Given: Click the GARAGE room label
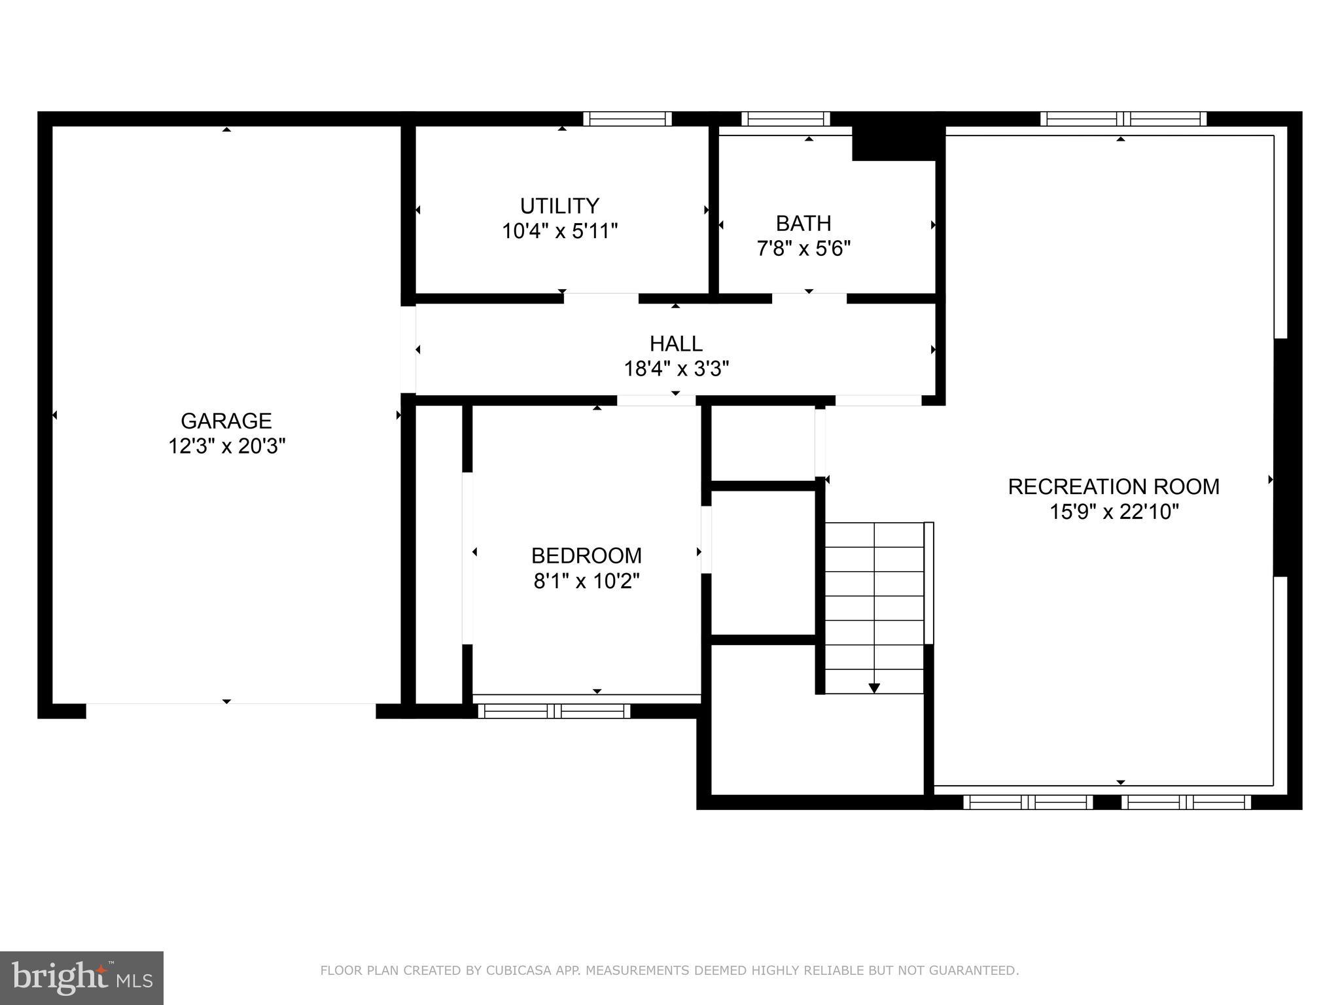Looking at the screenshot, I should click(226, 420).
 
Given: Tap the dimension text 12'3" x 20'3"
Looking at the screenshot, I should click(227, 446).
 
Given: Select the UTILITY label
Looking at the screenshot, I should click(559, 206).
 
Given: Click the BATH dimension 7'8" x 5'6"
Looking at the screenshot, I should click(803, 249).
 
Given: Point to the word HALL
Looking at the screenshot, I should click(676, 344).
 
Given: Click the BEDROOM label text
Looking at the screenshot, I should click(586, 555).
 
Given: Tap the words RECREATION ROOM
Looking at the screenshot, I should click(1114, 487).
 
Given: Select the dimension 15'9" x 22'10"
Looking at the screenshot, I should click(1114, 512).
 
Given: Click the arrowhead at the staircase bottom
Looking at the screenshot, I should click(874, 688).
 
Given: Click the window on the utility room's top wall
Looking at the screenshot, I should click(627, 118).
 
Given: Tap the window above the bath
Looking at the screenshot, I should click(785, 118).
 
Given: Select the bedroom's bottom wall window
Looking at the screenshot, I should click(554, 711).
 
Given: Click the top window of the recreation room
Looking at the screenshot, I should click(1123, 118).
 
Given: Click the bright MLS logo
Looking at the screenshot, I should click(82, 978).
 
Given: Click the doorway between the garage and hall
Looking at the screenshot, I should click(408, 349).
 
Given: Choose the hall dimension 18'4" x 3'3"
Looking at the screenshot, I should click(676, 369).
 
